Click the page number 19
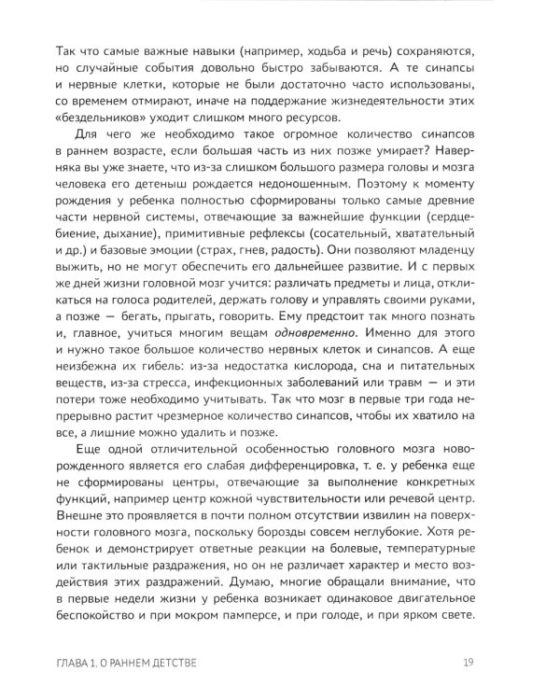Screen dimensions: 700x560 pos(469,664)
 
